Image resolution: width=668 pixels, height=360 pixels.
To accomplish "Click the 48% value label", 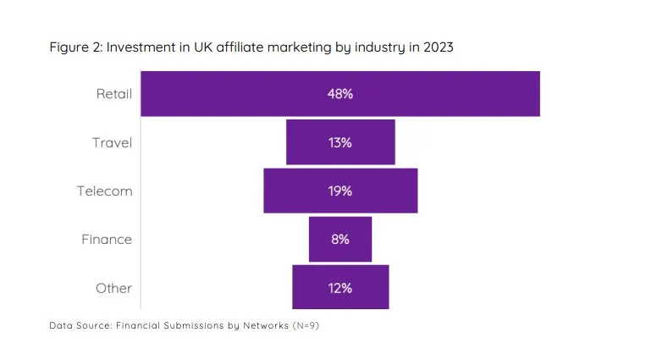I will (340, 94).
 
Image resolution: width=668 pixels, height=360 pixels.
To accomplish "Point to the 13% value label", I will (340, 142).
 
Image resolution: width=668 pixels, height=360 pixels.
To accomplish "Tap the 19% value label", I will (340, 191).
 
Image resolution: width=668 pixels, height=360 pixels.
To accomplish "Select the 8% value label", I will (340, 239).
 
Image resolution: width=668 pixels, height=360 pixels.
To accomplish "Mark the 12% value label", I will (340, 287).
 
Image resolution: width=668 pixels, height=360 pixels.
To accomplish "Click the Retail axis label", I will (113, 94).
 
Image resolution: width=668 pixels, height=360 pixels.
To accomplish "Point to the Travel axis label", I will (112, 142).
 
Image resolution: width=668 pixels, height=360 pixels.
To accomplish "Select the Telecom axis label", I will (105, 191).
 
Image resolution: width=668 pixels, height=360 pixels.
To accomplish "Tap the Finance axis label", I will (107, 239).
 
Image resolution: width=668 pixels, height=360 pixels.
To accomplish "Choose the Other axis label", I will (113, 287).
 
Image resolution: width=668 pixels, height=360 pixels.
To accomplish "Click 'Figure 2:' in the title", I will (75, 47).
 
